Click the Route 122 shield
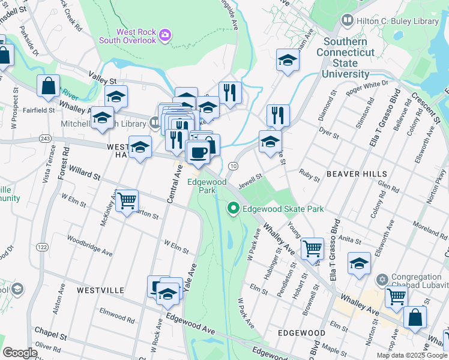coord(41,247)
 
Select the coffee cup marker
coord(199,152)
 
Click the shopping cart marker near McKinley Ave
coord(127,201)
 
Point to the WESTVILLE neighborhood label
coord(100,290)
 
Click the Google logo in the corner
coord(20,353)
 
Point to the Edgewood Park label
coord(206,185)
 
